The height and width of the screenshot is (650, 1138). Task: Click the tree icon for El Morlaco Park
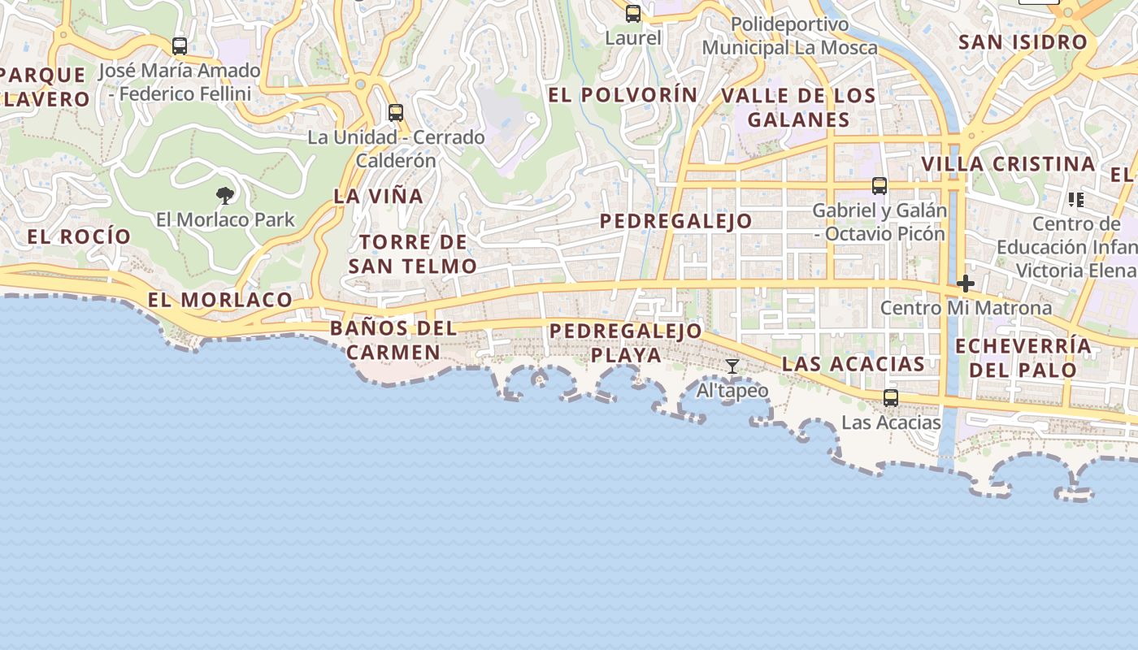pyautogui.click(x=225, y=195)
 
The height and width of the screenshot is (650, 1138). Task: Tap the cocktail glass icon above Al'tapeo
pyautogui.click(x=732, y=366)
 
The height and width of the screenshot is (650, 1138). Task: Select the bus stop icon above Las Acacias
pyautogui.click(x=891, y=397)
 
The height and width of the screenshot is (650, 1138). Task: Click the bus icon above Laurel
pyautogui.click(x=633, y=13)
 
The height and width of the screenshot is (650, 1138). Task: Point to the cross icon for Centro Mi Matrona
pyautogui.click(x=966, y=284)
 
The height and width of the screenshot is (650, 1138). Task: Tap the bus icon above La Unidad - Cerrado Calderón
pyautogui.click(x=396, y=113)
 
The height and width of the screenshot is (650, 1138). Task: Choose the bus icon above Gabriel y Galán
pyautogui.click(x=880, y=186)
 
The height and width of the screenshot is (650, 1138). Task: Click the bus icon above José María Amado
pyautogui.click(x=180, y=46)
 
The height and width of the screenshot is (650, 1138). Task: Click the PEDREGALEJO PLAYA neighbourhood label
pyautogui.click(x=625, y=343)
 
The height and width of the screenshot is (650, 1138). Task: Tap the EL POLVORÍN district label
pyautogui.click(x=623, y=95)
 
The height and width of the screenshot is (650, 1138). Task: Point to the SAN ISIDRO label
pyautogui.click(x=1023, y=42)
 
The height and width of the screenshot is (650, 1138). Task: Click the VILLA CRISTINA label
pyautogui.click(x=1008, y=164)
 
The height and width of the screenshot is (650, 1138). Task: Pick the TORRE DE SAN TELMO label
pyautogui.click(x=413, y=253)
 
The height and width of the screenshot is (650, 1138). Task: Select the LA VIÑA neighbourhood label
pyautogui.click(x=379, y=196)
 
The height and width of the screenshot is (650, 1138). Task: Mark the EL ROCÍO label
pyautogui.click(x=79, y=236)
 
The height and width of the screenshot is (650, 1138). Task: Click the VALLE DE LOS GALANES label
pyautogui.click(x=798, y=107)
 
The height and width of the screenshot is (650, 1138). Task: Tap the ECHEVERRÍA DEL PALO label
pyautogui.click(x=1023, y=357)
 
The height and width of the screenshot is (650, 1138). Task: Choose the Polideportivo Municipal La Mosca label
pyautogui.click(x=789, y=37)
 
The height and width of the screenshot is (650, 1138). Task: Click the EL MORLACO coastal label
pyautogui.click(x=219, y=300)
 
